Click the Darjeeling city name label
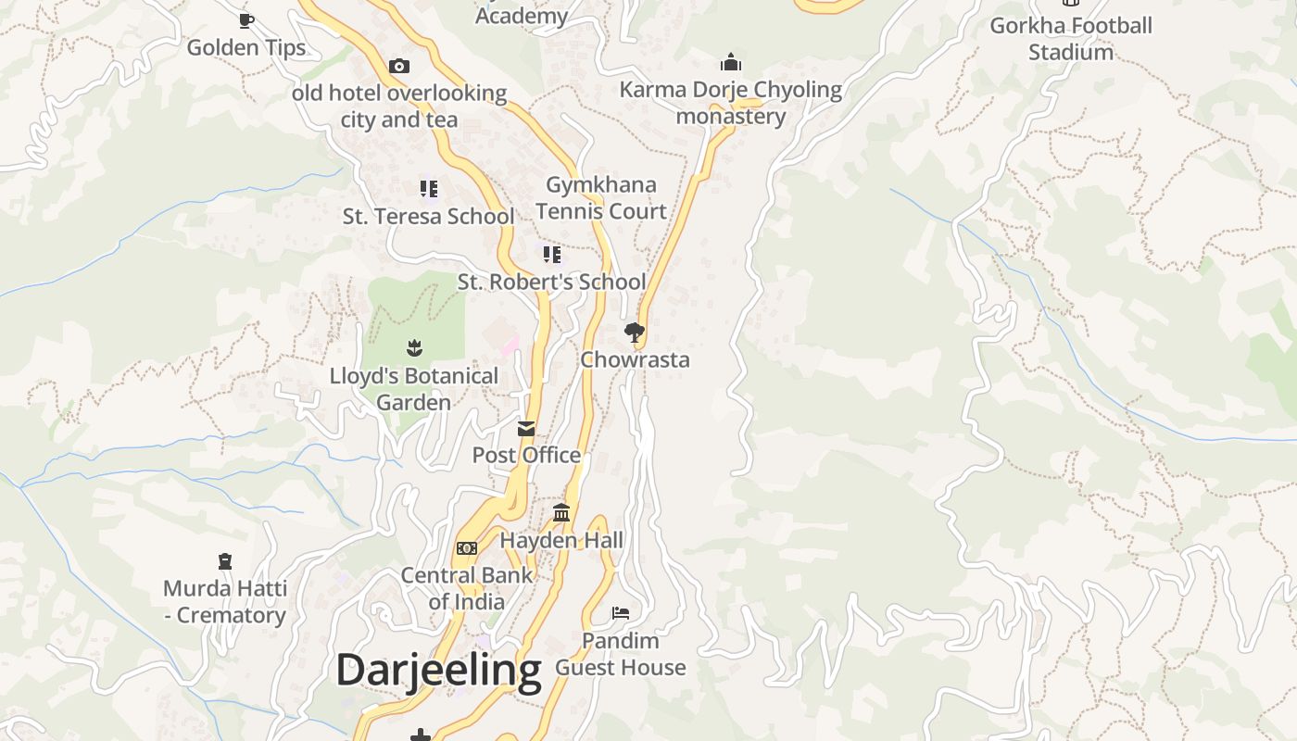438,670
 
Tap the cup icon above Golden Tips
246,19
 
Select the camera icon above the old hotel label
399,66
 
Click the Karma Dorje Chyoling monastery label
730,103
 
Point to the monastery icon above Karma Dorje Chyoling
731,63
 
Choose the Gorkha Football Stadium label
1071,38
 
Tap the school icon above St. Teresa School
428,189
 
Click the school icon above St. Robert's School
552,254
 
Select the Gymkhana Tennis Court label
601,197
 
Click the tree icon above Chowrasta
634,333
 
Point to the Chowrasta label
635,359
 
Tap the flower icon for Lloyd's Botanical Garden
414,348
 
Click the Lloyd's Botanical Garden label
414,389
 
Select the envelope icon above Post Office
526,428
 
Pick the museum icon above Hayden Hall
561,512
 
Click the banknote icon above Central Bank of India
467,548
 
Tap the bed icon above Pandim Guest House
621,613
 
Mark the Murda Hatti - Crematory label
225,601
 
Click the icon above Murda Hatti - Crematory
225,560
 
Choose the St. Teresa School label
428,217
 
